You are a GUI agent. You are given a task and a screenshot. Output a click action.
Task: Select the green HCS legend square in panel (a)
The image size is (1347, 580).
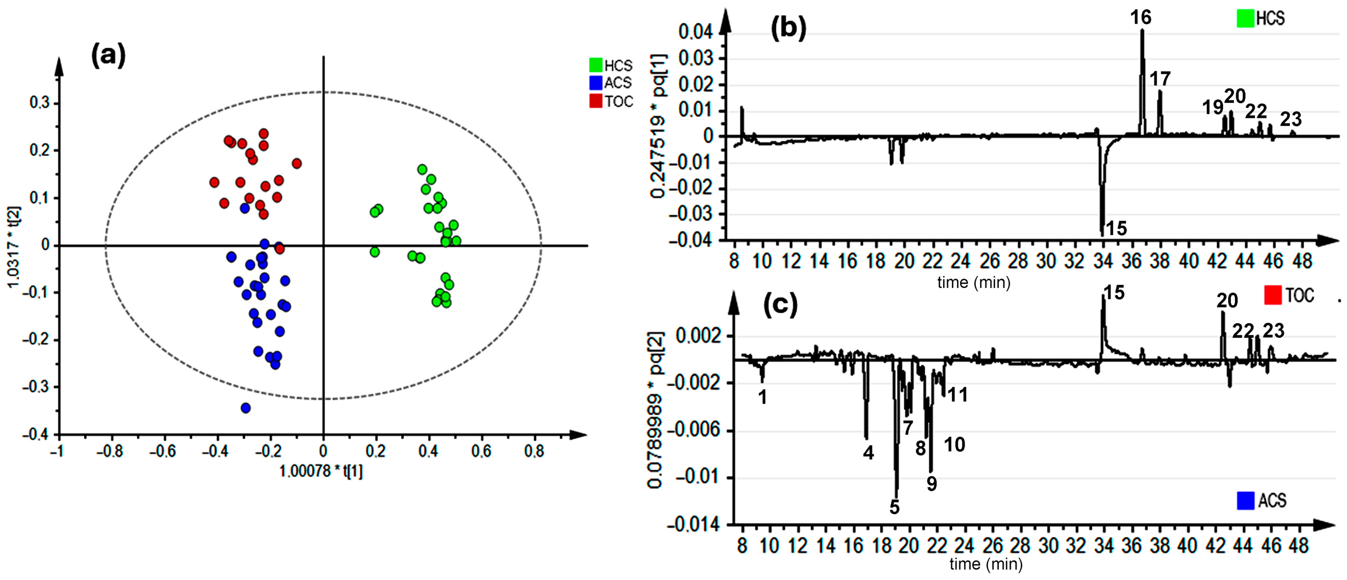(x=595, y=65)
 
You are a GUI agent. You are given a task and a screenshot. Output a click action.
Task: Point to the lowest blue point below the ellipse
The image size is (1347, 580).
(x=245, y=408)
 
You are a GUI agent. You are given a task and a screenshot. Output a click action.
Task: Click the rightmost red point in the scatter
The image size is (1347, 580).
(x=296, y=163)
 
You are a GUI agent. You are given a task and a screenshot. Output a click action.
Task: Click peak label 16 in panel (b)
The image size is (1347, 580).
(x=1141, y=17)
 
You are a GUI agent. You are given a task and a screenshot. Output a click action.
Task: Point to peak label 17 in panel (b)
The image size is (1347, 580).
(x=1160, y=79)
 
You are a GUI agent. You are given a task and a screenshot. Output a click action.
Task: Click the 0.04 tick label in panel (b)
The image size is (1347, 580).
(x=695, y=32)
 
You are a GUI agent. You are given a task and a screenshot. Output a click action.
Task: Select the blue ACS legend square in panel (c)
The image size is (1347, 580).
(x=1246, y=500)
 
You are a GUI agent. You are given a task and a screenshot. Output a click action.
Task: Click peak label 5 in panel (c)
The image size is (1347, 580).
(x=894, y=506)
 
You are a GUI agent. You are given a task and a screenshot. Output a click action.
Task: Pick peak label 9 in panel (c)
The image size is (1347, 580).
(x=931, y=483)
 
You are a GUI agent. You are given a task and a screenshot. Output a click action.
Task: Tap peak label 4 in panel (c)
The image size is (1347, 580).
(x=868, y=452)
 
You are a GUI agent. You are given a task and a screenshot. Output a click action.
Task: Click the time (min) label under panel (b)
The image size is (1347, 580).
(x=974, y=283)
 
